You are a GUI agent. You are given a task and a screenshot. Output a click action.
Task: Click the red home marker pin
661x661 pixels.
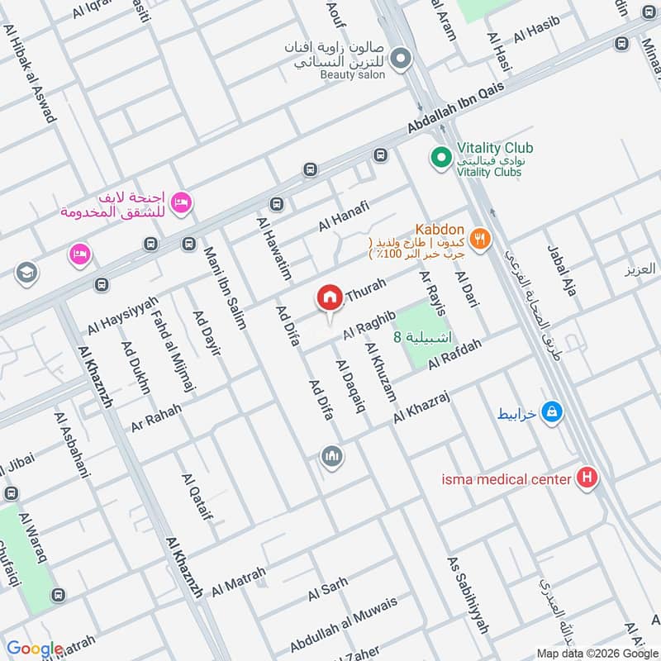pyautogui.click(x=330, y=297)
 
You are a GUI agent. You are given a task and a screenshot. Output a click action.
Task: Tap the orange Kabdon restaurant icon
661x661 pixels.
pyautogui.click(x=478, y=240)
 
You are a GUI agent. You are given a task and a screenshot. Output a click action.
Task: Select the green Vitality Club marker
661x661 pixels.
pyautogui.click(x=440, y=155)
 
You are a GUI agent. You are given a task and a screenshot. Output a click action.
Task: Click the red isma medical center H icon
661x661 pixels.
pyautogui.click(x=587, y=478)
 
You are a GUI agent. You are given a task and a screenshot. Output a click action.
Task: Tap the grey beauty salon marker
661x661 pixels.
pyautogui.click(x=401, y=58)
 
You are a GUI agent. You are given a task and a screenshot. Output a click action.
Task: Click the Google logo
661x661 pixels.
pyautogui.click(x=35, y=649)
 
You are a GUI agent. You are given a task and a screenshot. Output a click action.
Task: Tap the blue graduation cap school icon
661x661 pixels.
pyautogui.click(x=27, y=271)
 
